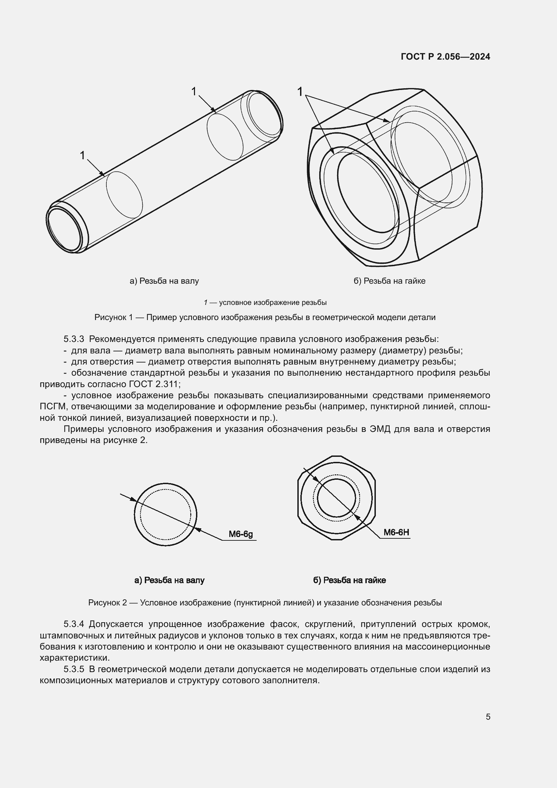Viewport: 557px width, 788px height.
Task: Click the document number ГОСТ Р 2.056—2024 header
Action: tap(445, 57)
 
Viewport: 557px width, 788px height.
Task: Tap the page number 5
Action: tap(488, 717)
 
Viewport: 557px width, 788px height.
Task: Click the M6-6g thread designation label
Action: tap(240, 534)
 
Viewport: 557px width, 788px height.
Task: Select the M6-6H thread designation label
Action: tap(396, 532)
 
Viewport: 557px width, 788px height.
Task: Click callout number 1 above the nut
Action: tap(300, 92)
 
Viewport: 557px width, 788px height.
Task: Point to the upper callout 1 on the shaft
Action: tap(194, 91)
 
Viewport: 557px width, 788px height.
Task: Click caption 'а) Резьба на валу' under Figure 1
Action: tap(164, 281)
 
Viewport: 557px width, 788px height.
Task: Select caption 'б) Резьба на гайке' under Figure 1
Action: tap(389, 281)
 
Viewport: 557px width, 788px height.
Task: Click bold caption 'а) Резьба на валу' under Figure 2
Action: tap(169, 580)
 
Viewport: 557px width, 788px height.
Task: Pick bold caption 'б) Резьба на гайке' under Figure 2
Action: tap(349, 580)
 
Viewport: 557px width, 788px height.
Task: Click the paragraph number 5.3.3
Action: tap(74, 339)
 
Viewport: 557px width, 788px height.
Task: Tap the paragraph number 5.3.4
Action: tap(74, 624)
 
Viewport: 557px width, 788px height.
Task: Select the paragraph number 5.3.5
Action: tap(74, 669)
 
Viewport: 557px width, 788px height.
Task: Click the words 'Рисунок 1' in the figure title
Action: tap(113, 317)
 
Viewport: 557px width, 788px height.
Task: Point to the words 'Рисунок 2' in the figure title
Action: tap(107, 603)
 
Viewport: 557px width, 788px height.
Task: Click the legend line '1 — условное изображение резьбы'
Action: tap(265, 303)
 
